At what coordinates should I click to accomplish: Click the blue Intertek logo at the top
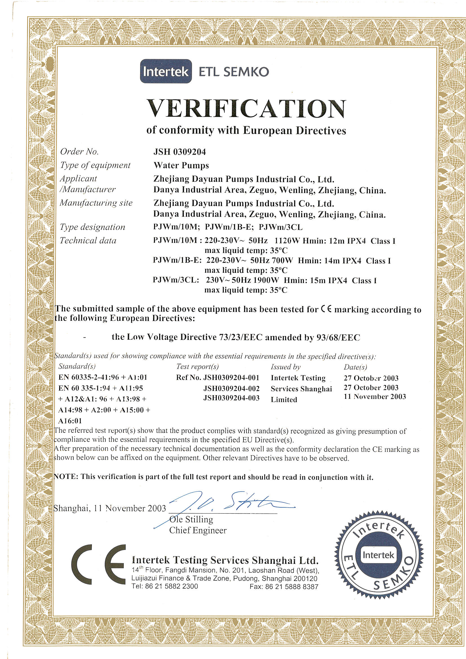point(166,71)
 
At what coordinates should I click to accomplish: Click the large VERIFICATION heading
point(246,109)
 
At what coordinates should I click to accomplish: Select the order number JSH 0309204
point(180,152)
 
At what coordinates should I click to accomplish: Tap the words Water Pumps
point(181,165)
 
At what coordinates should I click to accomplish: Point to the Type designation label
point(92,227)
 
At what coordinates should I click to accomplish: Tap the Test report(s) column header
point(197,366)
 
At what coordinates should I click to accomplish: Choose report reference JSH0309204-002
point(231,388)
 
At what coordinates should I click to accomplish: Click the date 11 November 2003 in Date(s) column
point(375,397)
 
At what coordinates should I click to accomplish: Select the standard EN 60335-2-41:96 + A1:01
point(103,377)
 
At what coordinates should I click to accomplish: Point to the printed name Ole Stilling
point(191,519)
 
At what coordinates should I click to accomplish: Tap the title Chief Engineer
point(198,530)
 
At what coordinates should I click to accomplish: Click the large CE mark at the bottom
point(98,565)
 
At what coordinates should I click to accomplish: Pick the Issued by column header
point(285,367)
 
